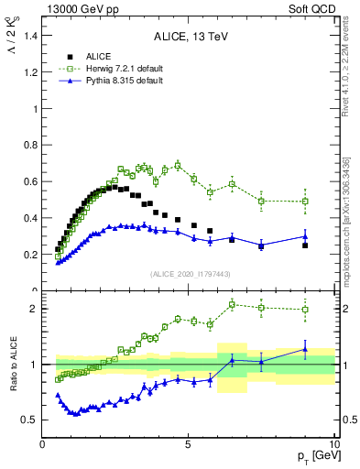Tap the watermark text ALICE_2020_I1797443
189,274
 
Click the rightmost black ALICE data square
305,245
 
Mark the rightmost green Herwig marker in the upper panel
305,202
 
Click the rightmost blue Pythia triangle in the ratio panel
305,349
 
